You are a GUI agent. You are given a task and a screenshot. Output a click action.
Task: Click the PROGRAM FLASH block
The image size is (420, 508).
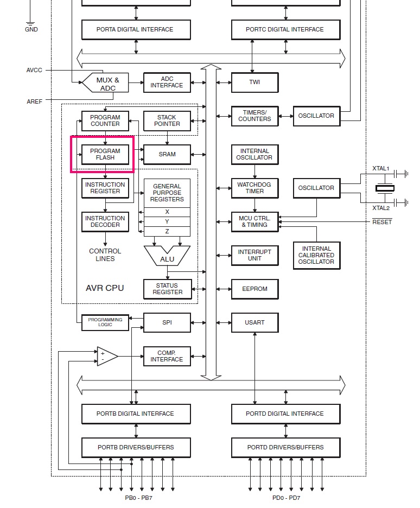(x=105, y=155)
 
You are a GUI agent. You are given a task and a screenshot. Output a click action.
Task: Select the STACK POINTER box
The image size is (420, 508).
(x=167, y=121)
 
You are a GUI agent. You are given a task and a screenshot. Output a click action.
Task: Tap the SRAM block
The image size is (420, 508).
(x=167, y=155)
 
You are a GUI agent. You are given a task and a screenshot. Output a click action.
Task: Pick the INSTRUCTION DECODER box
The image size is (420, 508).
(x=105, y=221)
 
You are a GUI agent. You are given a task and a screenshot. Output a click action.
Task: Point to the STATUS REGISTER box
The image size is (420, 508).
(x=168, y=289)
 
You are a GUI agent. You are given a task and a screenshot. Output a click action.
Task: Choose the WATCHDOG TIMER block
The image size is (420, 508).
(x=255, y=188)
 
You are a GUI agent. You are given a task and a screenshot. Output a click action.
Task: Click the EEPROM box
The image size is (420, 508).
(x=255, y=289)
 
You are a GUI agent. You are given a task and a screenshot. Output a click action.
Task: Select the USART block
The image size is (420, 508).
(x=255, y=323)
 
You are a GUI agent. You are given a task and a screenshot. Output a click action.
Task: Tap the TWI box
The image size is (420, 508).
(x=255, y=82)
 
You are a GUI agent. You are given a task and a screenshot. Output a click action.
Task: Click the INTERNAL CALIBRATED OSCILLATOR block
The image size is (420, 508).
(x=317, y=255)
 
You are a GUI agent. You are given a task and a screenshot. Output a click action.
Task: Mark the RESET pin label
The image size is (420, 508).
(x=382, y=222)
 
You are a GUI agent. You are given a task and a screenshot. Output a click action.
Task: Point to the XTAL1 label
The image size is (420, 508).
(x=380, y=168)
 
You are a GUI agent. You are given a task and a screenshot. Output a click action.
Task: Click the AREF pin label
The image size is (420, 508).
(x=34, y=101)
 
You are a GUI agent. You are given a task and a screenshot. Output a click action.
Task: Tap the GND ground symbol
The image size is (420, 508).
(x=30, y=24)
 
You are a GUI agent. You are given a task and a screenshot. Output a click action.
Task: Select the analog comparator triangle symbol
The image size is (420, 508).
(x=107, y=357)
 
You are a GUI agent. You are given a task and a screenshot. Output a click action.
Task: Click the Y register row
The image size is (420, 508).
(x=167, y=221)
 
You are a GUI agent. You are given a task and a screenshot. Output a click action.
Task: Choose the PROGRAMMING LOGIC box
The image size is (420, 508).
(x=105, y=322)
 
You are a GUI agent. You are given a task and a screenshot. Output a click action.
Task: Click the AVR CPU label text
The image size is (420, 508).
(x=105, y=288)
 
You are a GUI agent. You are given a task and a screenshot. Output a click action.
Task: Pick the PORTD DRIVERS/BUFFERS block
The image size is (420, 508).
(x=285, y=447)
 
